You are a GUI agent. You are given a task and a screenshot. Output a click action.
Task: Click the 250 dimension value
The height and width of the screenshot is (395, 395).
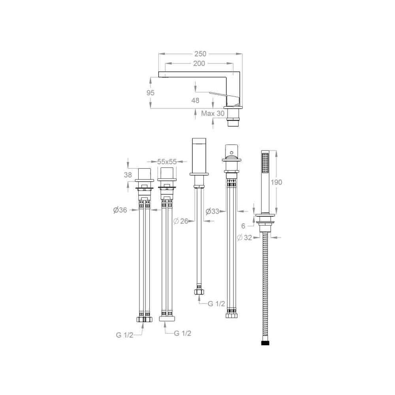[x=200, y=54]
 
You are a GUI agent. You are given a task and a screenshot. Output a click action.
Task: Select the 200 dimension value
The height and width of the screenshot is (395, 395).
[x=199, y=64]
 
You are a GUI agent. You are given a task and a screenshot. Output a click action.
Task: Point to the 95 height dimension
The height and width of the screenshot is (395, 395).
[x=150, y=93]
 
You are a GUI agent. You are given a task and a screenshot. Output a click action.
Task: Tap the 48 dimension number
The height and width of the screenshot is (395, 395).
[x=195, y=100]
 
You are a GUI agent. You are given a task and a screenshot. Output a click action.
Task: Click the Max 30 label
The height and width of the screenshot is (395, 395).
[x=213, y=113]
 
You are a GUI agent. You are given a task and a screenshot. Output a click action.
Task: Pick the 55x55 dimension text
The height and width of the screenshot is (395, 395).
[x=167, y=162]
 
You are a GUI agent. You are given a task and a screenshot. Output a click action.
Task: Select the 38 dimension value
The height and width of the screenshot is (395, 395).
[x=128, y=175]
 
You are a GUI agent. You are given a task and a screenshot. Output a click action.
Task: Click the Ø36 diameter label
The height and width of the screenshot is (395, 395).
[x=120, y=210]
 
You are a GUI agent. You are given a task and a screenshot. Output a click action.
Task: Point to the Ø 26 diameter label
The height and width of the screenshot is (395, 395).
[x=181, y=221]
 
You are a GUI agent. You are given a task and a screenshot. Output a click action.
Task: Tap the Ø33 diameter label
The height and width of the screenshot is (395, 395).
[x=213, y=211]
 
